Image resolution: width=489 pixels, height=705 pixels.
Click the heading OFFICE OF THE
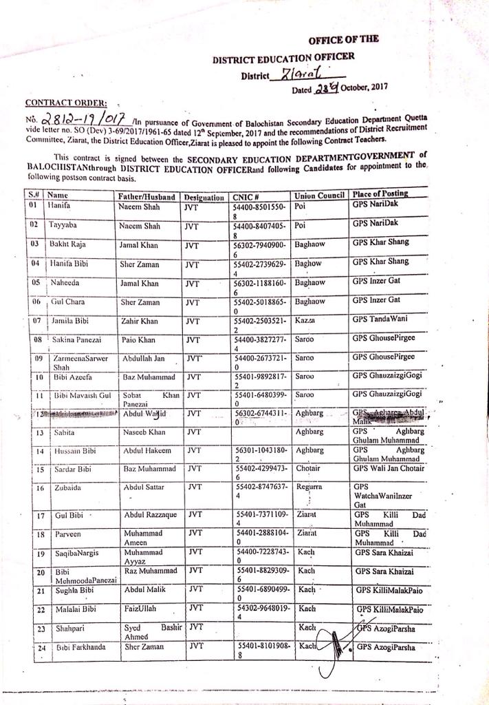(x=343, y=40)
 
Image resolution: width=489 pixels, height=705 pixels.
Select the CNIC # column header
(x=246, y=196)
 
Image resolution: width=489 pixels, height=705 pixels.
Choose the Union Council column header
(x=318, y=196)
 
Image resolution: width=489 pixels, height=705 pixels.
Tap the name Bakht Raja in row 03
(x=66, y=244)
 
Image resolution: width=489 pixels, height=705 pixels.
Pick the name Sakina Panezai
(x=78, y=340)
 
